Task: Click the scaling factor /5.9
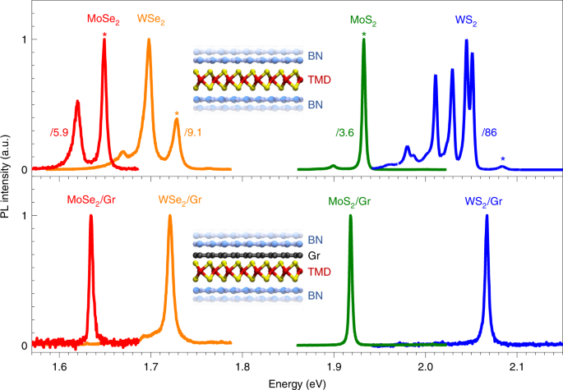tap(59, 131)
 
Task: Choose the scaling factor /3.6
tap(344, 131)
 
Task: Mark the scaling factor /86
tap(491, 131)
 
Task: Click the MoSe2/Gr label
tap(91, 200)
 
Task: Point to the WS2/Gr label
tap(485, 200)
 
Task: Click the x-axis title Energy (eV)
tap(297, 383)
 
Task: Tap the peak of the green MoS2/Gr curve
tap(351, 216)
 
